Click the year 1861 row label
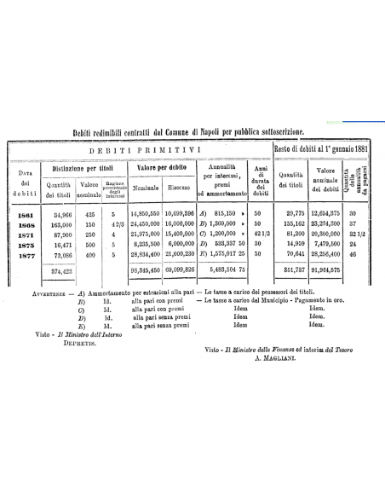(25, 216)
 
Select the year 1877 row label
(25, 253)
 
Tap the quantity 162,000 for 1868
(58, 225)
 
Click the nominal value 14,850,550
(146, 216)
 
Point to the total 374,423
(58, 271)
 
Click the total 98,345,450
(146, 271)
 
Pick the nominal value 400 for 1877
(89, 253)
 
